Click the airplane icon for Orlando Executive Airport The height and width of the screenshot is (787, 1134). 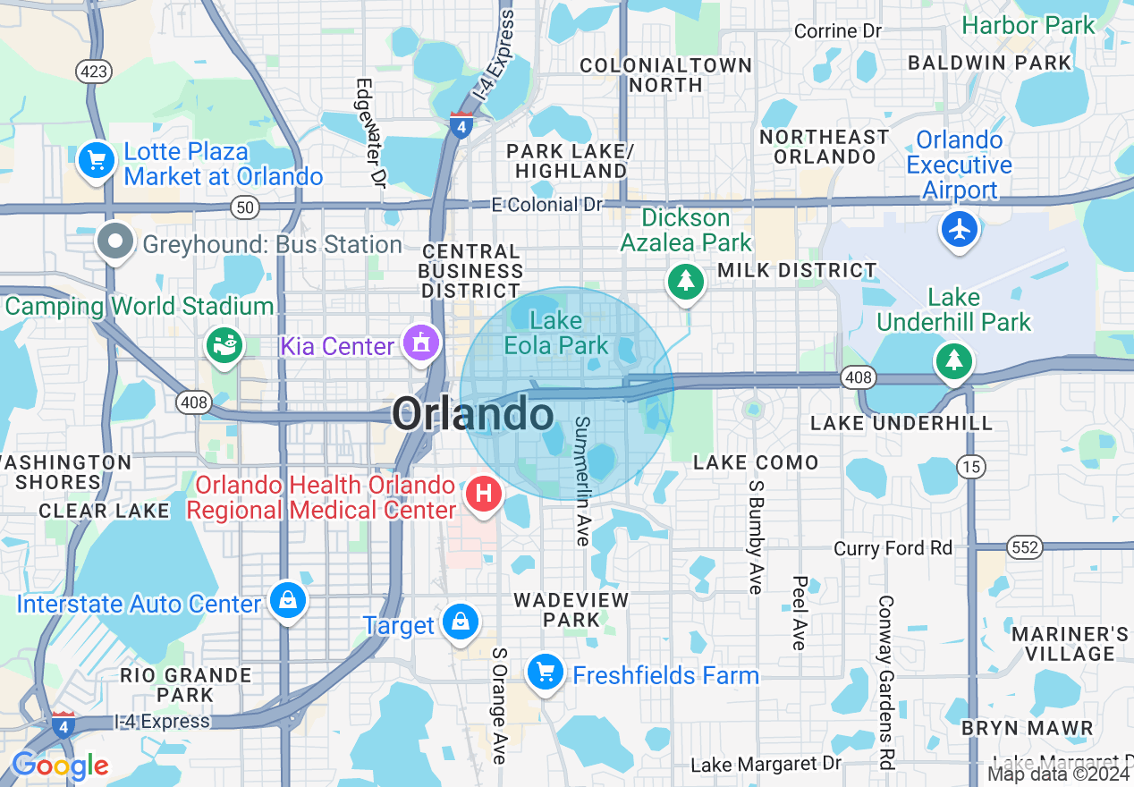pos(960,230)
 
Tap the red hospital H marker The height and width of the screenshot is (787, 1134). pos(484,494)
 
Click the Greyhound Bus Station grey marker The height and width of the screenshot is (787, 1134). pos(115,242)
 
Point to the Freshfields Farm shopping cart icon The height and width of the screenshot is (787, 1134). pos(545,672)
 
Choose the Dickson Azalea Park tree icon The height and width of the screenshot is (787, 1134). pos(686,282)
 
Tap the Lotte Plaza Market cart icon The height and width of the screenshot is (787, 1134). pos(97,161)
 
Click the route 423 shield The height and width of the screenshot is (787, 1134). pos(95,72)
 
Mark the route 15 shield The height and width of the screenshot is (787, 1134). pos(970,465)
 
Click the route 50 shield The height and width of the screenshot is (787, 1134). pos(244,207)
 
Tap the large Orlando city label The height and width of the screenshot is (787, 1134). pos(473,415)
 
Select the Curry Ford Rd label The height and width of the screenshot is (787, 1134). pos(893,547)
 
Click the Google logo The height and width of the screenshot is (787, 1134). pos(60,766)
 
